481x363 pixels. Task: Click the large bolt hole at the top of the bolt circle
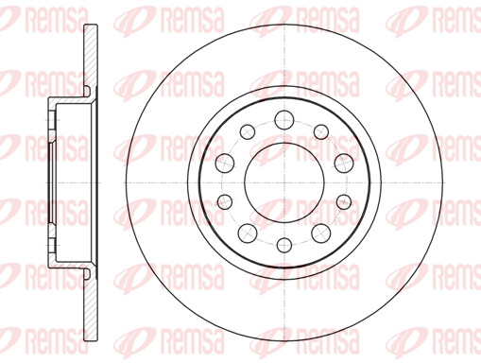coord(284,120)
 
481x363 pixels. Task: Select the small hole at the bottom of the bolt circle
coord(284,245)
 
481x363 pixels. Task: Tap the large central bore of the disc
coord(284,182)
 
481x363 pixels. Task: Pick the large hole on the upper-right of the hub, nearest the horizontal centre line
coord(344,164)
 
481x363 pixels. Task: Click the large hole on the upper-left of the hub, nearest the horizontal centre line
coord(225,164)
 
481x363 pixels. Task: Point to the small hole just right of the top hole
coord(321,131)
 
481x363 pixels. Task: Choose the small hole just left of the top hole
coord(248,131)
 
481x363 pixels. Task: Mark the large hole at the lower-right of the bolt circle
coord(321,233)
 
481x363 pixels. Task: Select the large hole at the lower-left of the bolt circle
coord(248,233)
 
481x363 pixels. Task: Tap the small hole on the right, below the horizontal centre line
coord(344,201)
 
